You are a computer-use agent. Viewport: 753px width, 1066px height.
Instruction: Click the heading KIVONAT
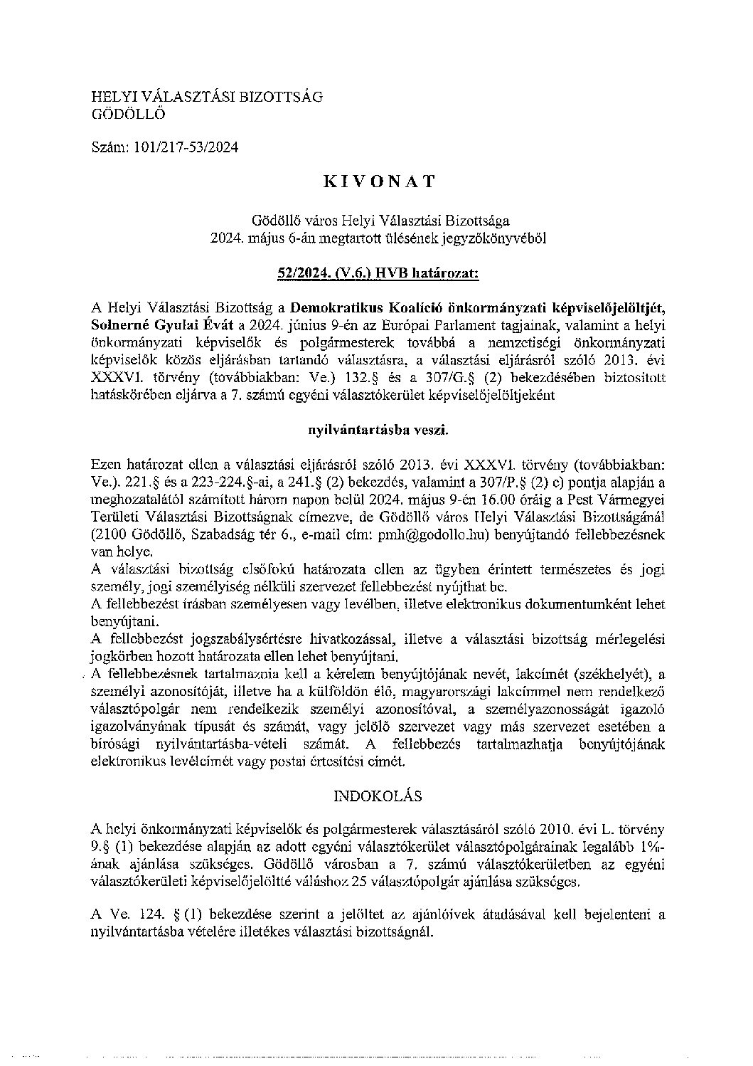pos(378,181)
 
